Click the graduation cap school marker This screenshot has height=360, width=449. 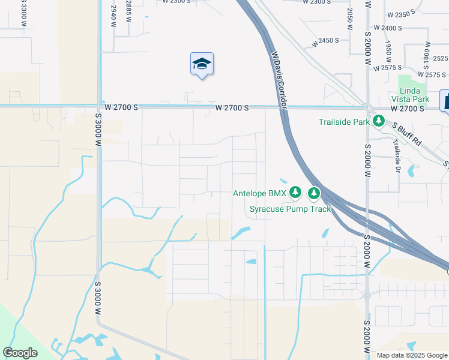[x=202, y=64]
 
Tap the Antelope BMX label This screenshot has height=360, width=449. [x=259, y=193]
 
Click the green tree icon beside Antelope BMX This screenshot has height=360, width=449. [x=295, y=193]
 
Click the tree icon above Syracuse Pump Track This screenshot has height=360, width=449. [x=313, y=193]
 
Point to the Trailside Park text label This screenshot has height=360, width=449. [x=344, y=122]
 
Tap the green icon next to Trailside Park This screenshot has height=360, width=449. [x=378, y=121]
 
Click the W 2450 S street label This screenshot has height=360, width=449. [x=325, y=40]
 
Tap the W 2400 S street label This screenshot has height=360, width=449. [x=387, y=28]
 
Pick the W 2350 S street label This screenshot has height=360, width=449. [x=402, y=14]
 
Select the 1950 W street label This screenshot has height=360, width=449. [x=388, y=53]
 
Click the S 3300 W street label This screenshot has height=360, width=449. [x=24, y=13]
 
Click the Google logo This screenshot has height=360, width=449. [x=20, y=352]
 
